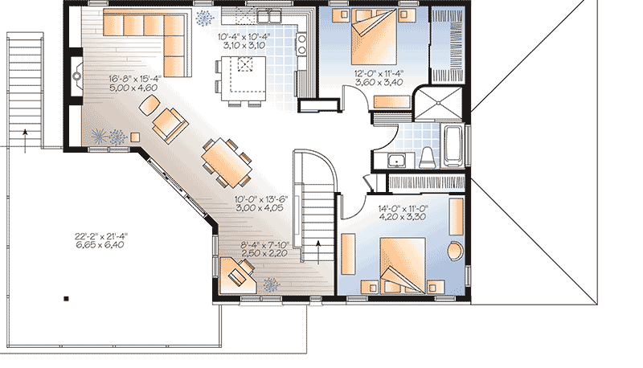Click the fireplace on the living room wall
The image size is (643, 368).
[77, 77]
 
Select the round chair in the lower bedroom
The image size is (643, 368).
[454, 250]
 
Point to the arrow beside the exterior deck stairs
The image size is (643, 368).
[26, 137]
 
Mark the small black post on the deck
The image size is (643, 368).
[67, 298]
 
